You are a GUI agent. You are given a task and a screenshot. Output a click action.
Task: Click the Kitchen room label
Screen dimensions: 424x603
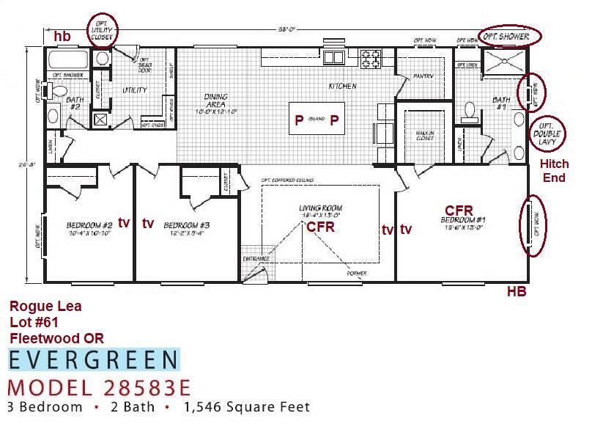coord(342,87)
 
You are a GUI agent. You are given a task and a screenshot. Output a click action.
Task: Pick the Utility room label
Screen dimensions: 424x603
coord(134,90)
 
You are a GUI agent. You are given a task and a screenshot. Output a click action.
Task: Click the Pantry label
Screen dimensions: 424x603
coord(423,76)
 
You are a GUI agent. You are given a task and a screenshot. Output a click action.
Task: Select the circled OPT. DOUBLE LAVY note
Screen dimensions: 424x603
coord(549,134)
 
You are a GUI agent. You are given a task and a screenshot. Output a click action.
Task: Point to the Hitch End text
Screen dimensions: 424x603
coord(554,170)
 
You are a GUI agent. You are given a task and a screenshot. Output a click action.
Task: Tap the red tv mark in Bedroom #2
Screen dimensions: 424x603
coord(124,222)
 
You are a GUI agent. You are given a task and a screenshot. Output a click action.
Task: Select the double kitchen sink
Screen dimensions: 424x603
coord(335,57)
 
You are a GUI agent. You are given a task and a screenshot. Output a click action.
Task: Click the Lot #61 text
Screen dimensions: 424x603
coord(34,322)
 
